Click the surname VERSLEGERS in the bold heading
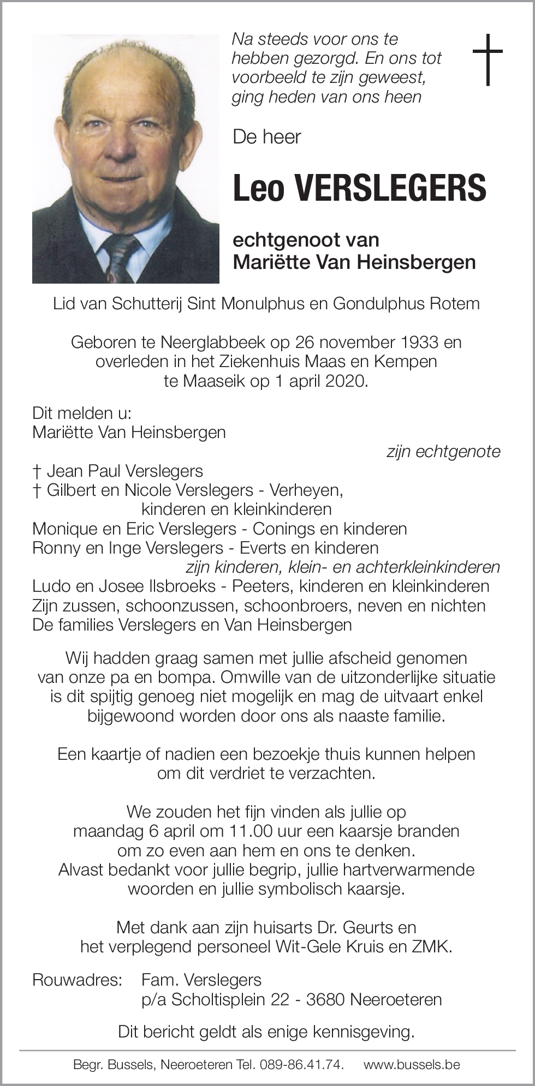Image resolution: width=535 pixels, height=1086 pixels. pos(387,187)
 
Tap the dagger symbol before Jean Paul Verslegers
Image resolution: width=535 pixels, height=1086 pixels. pos(37,471)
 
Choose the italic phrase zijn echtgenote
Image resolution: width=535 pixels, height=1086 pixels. pos(443,452)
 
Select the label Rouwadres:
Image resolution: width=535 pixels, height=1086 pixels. pos(76,980)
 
